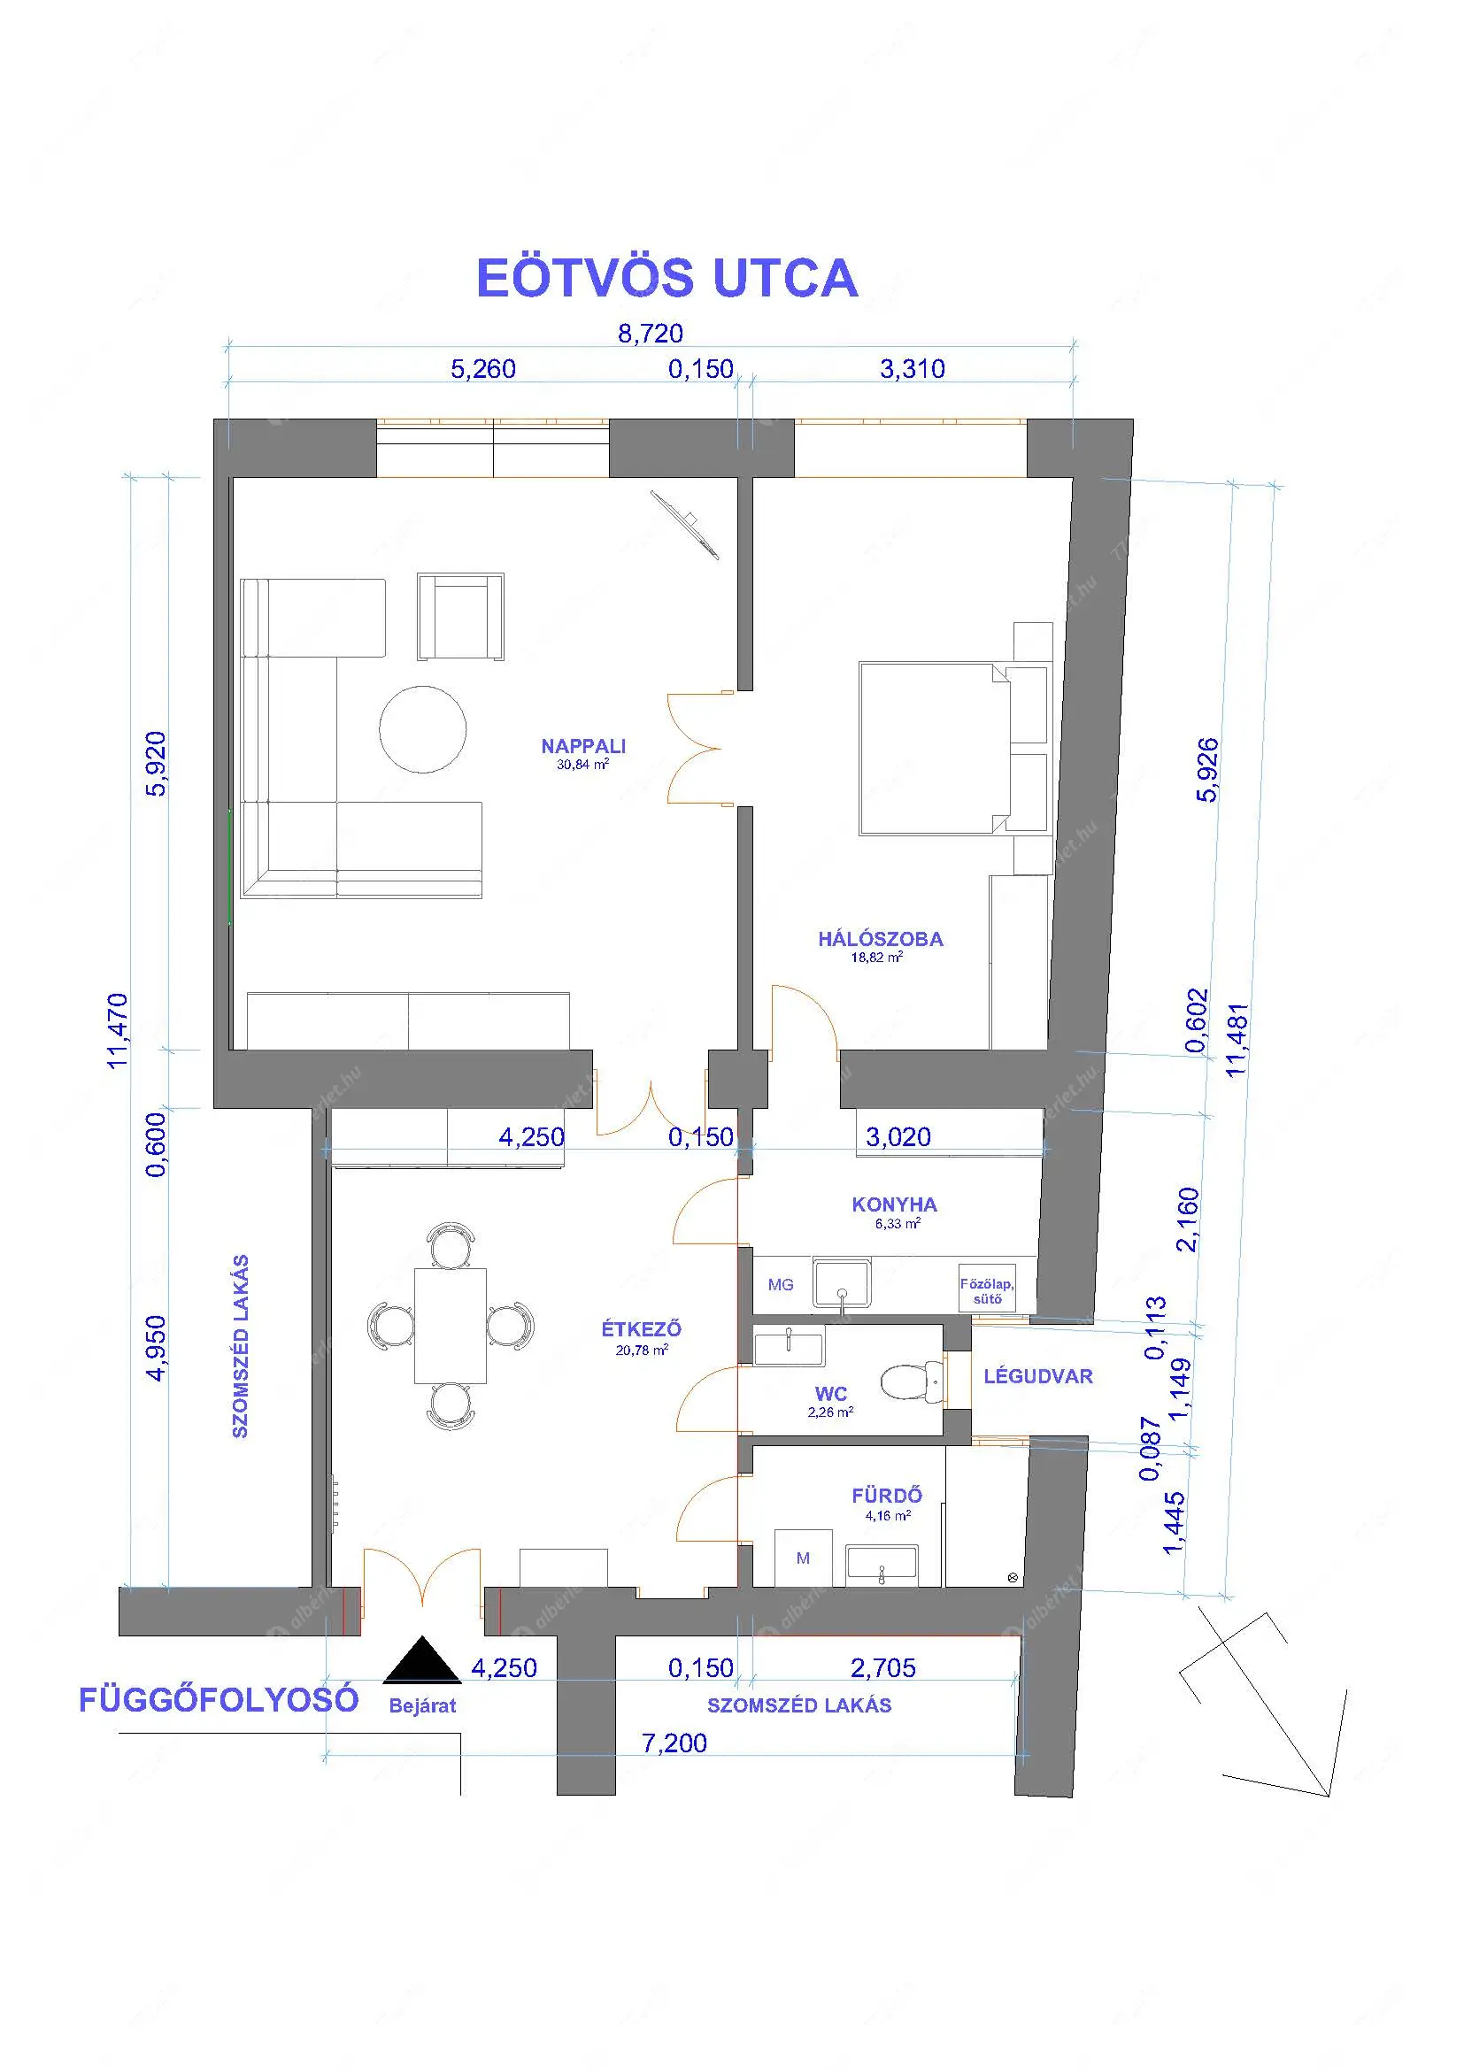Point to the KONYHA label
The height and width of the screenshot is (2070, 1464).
pos(894,1204)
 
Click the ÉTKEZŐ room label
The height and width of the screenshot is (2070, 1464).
pos(642,1329)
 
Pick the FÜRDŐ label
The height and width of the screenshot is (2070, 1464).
pos(887,1496)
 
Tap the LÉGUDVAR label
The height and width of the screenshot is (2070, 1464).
pos(1038,1377)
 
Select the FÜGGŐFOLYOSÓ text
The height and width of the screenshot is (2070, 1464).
pos(219,1699)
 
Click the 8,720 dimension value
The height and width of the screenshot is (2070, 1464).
pos(650,334)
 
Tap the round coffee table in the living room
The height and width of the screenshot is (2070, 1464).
pos(423,729)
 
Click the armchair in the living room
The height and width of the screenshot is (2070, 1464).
pos(460,617)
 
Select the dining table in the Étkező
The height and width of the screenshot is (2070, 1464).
pos(451,1327)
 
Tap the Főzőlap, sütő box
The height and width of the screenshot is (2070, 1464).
pos(987,1291)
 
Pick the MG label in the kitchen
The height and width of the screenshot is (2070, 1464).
pos(781,1285)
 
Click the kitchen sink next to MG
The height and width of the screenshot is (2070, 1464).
pos(842,1283)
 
